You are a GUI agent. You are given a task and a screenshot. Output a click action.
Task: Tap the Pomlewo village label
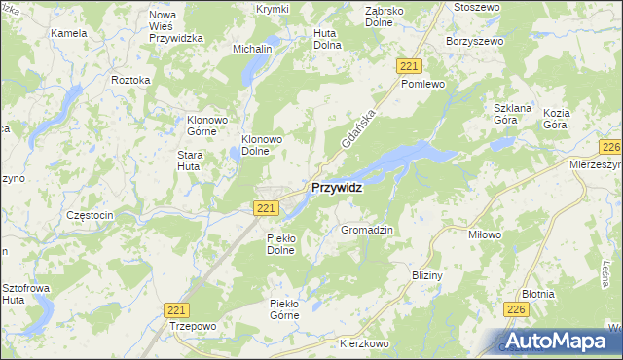click(422, 85)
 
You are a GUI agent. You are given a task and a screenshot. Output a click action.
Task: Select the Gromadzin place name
click(366, 230)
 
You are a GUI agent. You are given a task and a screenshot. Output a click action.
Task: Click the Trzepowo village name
click(191, 326)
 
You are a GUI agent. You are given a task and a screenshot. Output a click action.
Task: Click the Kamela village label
click(69, 32)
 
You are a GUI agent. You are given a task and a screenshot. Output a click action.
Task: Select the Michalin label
click(251, 48)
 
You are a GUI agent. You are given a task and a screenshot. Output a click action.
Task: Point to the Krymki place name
click(245, 9)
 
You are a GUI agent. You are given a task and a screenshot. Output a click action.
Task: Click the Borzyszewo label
click(472, 42)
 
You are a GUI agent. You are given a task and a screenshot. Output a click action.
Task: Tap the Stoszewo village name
click(476, 7)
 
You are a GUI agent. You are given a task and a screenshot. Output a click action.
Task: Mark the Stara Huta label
click(195, 161)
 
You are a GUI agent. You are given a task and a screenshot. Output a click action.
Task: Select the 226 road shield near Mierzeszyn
click(611, 147)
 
